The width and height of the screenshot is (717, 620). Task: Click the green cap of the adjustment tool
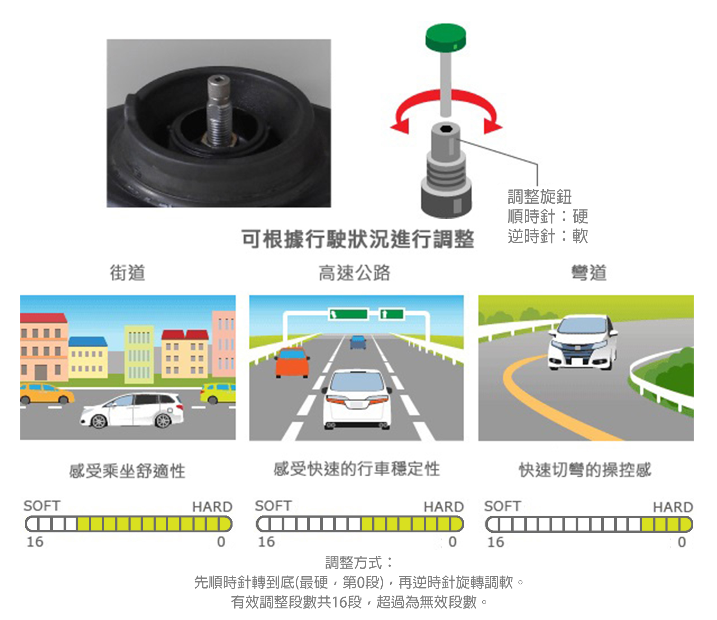(x=446, y=38)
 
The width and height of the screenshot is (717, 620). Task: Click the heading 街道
(x=128, y=273)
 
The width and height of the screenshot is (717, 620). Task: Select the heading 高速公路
(x=354, y=273)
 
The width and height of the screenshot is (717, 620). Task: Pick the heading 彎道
(x=589, y=273)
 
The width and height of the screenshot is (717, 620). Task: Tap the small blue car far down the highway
(x=358, y=342)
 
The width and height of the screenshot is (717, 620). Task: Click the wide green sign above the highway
(x=349, y=314)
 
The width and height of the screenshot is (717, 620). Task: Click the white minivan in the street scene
(x=132, y=410)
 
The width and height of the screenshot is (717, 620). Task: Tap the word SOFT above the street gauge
(x=42, y=506)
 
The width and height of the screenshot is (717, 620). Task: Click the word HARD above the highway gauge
(x=444, y=507)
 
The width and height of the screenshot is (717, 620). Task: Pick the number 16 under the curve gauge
(x=496, y=542)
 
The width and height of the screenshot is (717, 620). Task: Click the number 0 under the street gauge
(x=221, y=542)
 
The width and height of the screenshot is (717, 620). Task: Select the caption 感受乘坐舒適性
(x=127, y=471)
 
